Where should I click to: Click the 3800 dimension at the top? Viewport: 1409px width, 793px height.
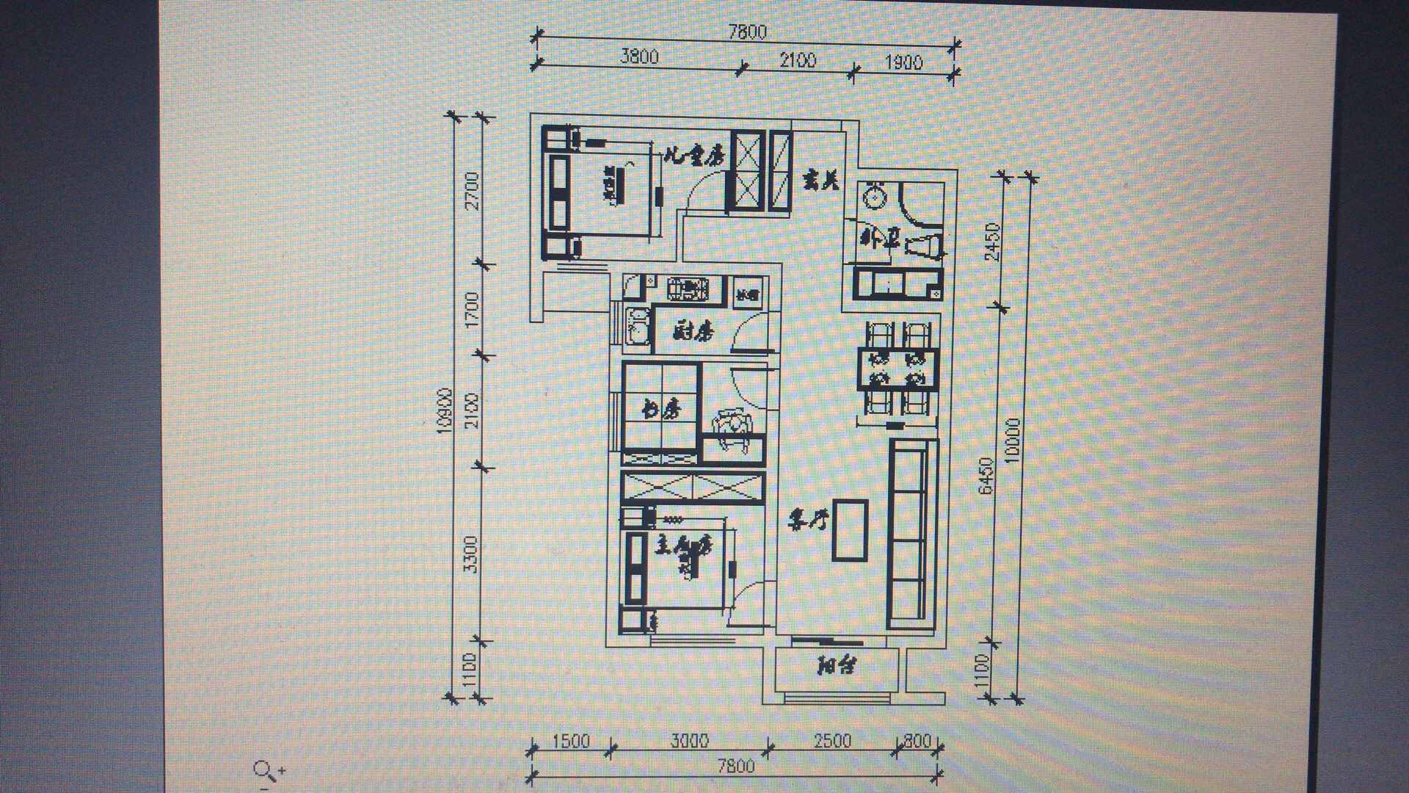[x=639, y=57]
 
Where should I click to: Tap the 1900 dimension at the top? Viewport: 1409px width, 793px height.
[x=903, y=62]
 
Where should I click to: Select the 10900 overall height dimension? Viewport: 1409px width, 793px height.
[x=443, y=412]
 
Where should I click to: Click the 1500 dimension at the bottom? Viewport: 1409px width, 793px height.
[x=570, y=741]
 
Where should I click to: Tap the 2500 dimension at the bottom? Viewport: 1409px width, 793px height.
[x=832, y=740]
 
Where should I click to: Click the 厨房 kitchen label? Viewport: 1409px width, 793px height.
[x=693, y=332]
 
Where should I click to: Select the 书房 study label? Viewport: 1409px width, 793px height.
[x=659, y=408]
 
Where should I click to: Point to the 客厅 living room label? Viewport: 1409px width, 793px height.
[x=807, y=522]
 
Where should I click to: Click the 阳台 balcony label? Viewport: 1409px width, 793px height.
[x=838, y=667]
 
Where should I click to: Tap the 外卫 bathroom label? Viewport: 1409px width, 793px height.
[x=875, y=239]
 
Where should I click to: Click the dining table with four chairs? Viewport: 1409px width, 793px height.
[x=898, y=370]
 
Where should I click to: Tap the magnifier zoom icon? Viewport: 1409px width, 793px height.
[x=266, y=770]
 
